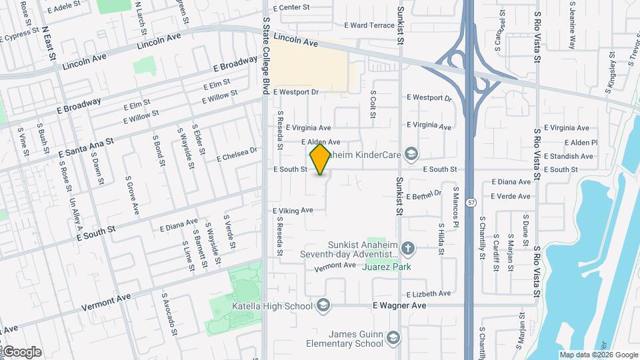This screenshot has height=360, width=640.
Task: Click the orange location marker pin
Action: tap(321, 159)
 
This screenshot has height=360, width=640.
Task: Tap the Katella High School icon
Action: tap(323, 305)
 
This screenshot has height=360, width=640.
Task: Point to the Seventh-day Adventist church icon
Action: tap(408, 249)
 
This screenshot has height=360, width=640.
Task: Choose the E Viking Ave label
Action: tap(293, 211)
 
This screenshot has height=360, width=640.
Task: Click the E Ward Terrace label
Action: tap(369, 25)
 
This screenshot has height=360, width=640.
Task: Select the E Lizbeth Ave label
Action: tap(429, 293)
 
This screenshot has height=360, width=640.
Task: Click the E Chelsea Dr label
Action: tap(237, 155)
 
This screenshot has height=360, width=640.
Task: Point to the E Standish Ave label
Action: tap(569, 156)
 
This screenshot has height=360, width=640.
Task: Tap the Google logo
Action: tap(21, 352)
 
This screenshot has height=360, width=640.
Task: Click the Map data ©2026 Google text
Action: tap(598, 355)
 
